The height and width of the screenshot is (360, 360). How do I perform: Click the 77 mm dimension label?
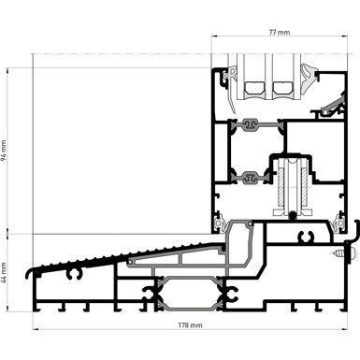pyautogui.click(x=279, y=32)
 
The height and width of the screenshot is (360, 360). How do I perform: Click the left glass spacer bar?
pyautogui.click(x=253, y=89)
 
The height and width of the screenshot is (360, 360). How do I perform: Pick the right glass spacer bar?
pyautogui.click(x=281, y=89)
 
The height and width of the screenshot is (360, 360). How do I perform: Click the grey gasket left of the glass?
pyautogui.click(x=225, y=79)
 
